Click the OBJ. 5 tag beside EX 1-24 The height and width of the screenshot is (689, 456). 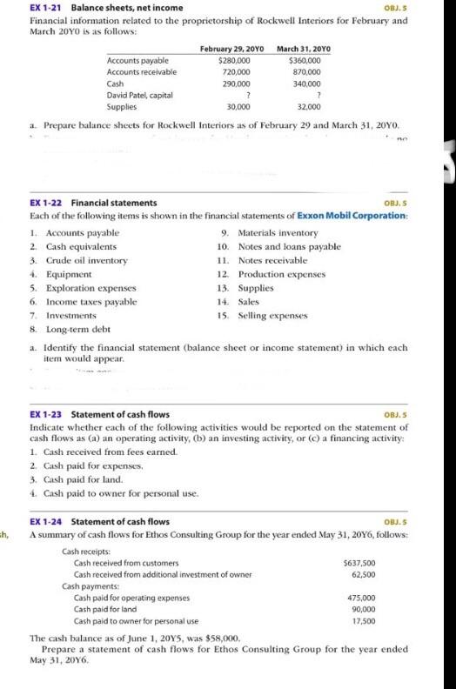(x=394, y=522)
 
